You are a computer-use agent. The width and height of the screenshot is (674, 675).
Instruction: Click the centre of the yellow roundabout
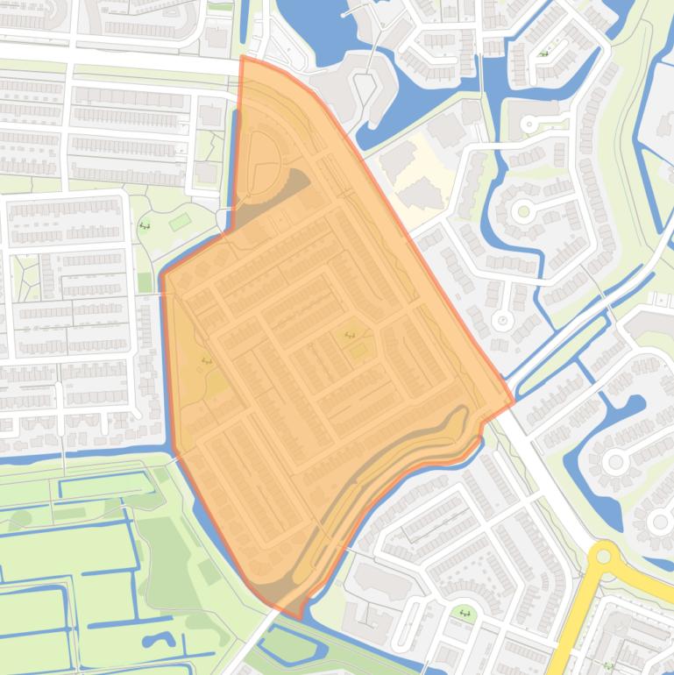coord(606,558)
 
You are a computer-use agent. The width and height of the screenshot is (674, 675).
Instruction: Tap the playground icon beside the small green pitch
coord(145,225)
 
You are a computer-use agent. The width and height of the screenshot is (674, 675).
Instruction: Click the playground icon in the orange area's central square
coord(350,335)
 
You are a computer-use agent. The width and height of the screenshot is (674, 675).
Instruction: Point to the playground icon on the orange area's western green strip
coord(206,360)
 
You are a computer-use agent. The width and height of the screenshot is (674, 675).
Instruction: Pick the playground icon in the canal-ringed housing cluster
coord(544,54)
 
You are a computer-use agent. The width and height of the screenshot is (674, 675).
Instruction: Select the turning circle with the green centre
coord(524,211)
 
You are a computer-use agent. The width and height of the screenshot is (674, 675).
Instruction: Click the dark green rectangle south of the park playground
coord(145,282)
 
